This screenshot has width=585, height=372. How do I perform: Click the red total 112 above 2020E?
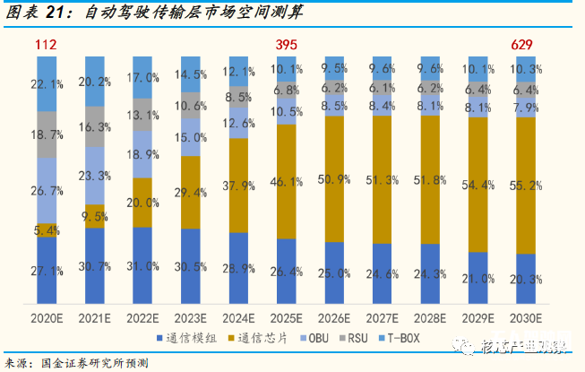47,45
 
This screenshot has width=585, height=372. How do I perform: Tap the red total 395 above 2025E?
286,45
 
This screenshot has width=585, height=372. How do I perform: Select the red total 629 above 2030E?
525,45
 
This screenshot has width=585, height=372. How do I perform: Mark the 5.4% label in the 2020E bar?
47,230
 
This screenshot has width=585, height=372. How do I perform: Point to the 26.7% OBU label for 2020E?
47,190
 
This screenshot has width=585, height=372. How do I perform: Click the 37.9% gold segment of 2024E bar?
237,186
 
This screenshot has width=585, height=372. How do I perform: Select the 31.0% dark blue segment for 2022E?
142,266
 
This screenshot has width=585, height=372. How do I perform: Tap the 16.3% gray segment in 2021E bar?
94,127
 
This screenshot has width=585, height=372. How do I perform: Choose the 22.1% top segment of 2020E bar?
47,83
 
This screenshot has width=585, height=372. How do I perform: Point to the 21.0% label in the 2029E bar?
477,279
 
